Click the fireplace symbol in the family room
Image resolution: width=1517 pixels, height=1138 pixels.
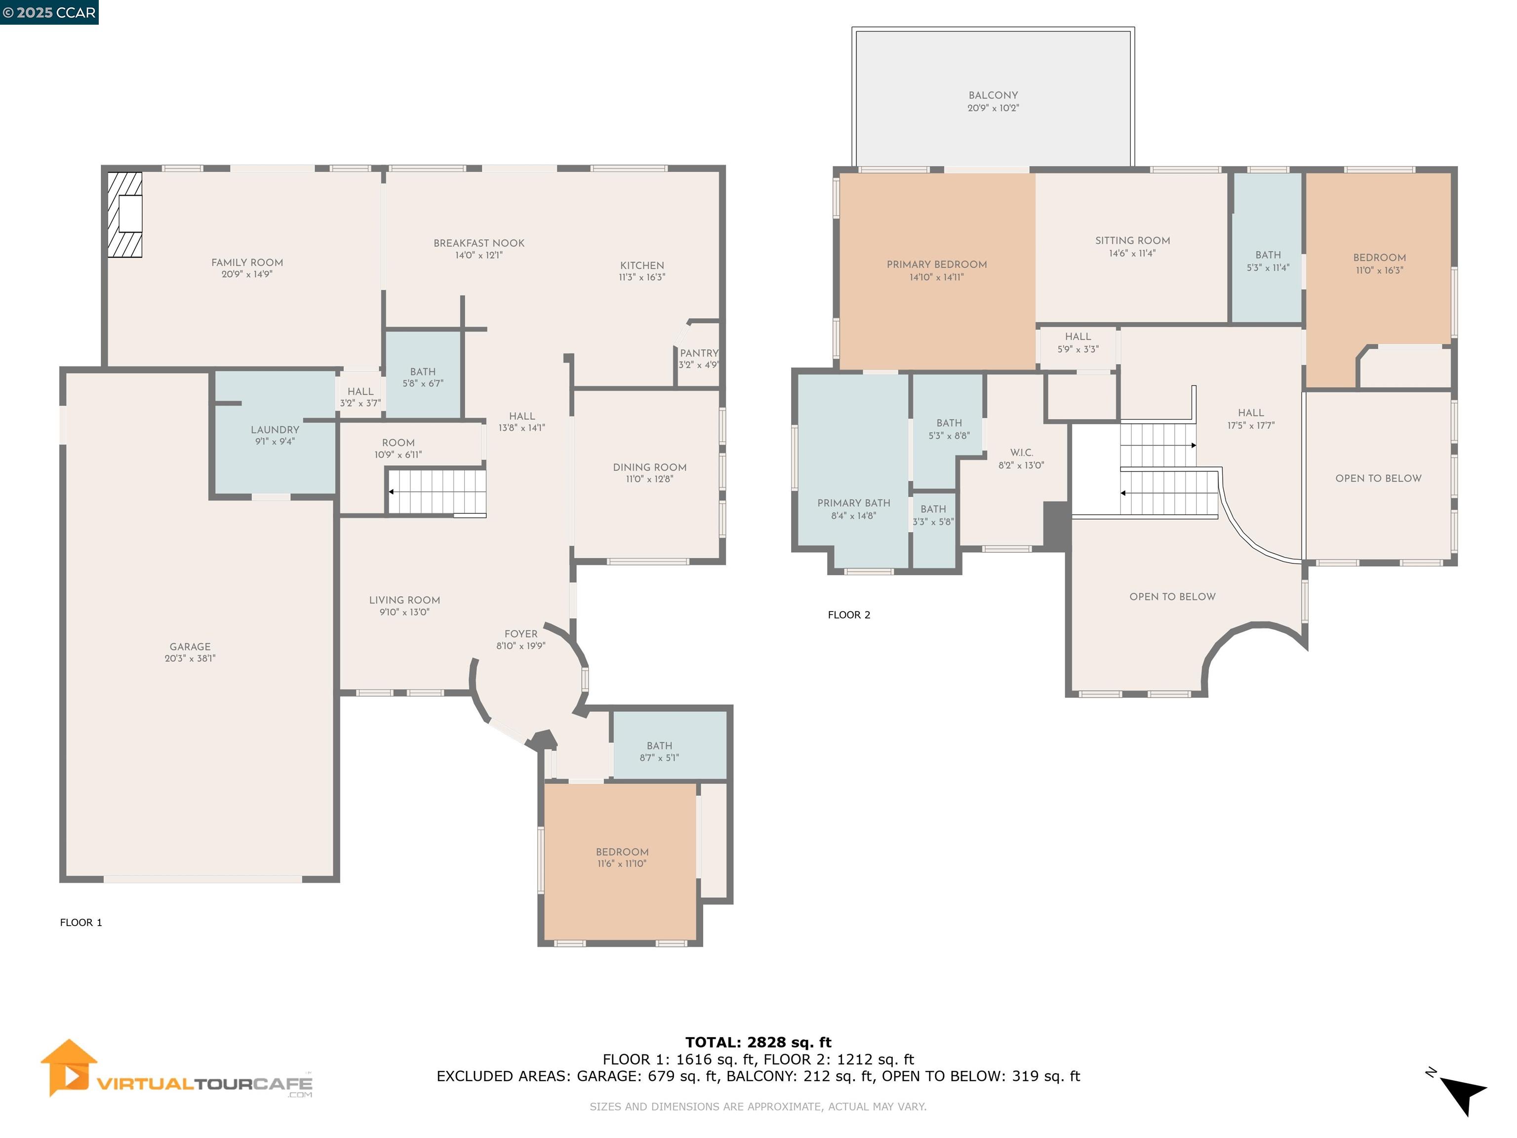tap(125, 215)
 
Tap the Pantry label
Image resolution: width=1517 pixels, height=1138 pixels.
tap(699, 353)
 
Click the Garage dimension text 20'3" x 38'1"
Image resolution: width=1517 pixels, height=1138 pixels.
tap(190, 658)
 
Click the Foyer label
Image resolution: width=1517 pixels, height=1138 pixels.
tap(520, 634)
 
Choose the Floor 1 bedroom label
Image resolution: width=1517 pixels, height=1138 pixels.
tap(622, 852)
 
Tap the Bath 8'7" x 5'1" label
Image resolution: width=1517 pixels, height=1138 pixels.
tap(659, 746)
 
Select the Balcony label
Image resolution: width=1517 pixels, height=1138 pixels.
tap(993, 95)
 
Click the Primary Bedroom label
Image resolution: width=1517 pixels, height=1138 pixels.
tap(936, 264)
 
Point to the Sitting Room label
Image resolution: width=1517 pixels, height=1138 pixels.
tap(1132, 240)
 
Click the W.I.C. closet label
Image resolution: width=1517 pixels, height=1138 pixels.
tap(1021, 453)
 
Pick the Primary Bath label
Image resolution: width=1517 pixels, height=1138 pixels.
tap(853, 503)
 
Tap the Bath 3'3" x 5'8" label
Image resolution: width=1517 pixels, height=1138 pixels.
tap(933, 509)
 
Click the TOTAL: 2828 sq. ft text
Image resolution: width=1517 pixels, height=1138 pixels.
tap(758, 1043)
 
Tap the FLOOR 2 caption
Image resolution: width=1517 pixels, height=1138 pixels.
tap(848, 614)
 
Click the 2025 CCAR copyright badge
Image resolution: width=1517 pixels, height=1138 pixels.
tap(49, 12)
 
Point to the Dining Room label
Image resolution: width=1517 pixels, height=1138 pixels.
tap(649, 467)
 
